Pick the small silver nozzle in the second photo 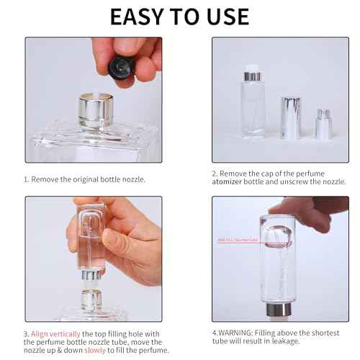pos(324,125)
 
